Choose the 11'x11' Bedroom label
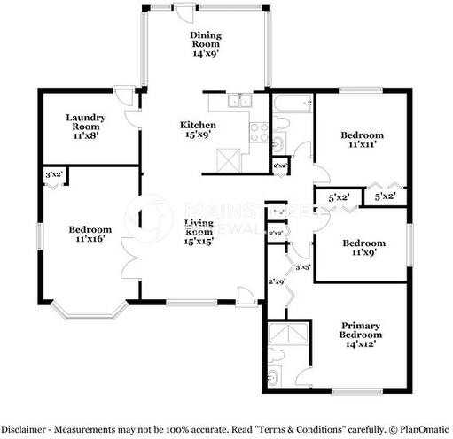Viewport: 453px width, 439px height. [x=362, y=140]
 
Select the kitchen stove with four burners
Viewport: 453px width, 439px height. [x=259, y=132]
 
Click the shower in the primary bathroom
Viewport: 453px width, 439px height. [x=288, y=333]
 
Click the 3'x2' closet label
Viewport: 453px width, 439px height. [x=54, y=175]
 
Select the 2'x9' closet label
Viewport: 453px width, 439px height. [x=275, y=281]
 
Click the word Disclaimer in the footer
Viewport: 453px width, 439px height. [x=25, y=426]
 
